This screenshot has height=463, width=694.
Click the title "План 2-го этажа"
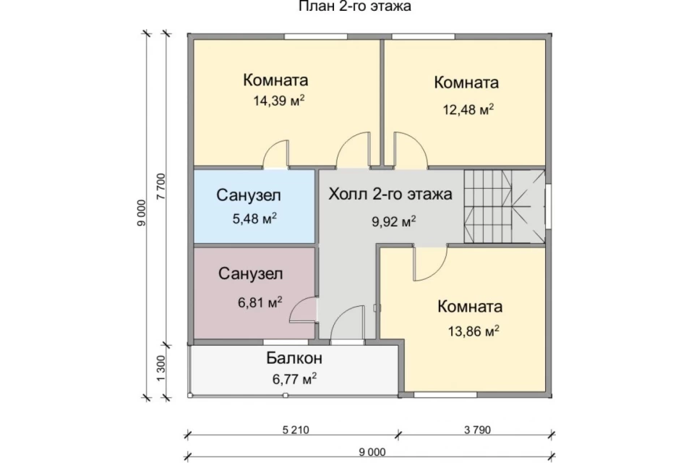coord(355,7)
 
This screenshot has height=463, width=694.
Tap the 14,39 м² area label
coord(279,101)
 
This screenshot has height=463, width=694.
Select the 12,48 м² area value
coord(468,109)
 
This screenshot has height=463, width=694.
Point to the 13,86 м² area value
coord(474,331)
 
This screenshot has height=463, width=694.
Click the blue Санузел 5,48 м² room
coord(254,206)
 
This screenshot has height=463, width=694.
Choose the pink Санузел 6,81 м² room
coord(254,293)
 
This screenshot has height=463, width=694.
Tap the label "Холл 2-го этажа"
coord(390,194)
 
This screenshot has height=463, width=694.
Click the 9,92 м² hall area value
coord(393,221)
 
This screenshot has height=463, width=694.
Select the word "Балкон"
coord(294,358)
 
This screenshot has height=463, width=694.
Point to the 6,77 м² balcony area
coord(294,379)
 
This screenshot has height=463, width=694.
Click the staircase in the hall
coord(504,206)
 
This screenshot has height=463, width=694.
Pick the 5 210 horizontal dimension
coord(296,430)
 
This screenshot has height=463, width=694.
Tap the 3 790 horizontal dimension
coord(478,430)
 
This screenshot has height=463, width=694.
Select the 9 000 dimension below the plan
coord(372,452)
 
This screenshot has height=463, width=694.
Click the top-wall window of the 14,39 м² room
coord(316,36)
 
